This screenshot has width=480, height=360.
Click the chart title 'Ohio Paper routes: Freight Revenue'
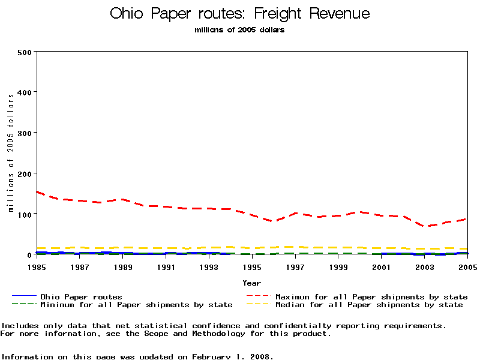pyautogui.click(x=240, y=14)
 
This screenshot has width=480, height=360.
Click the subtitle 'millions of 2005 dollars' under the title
pyautogui.click(x=240, y=30)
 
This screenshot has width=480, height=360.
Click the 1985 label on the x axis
pyautogui.click(x=37, y=266)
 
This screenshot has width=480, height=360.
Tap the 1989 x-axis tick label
pyautogui.click(x=124, y=266)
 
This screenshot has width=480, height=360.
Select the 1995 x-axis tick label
pyautogui.click(x=252, y=266)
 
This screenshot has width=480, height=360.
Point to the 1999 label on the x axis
pyautogui.click(x=338, y=266)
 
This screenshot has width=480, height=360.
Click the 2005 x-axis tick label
pyautogui.click(x=467, y=266)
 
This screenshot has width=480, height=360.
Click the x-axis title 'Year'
pyautogui.click(x=252, y=283)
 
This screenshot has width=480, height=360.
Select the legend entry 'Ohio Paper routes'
pyautogui.click(x=81, y=296)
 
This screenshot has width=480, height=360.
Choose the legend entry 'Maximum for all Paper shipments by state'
pyautogui.click(x=371, y=296)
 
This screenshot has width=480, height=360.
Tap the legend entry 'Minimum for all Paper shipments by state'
pyautogui.click(x=136, y=305)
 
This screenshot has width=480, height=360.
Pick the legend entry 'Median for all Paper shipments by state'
pyautogui.click(x=369, y=305)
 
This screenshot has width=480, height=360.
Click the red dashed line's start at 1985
pyautogui.click(x=37, y=192)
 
